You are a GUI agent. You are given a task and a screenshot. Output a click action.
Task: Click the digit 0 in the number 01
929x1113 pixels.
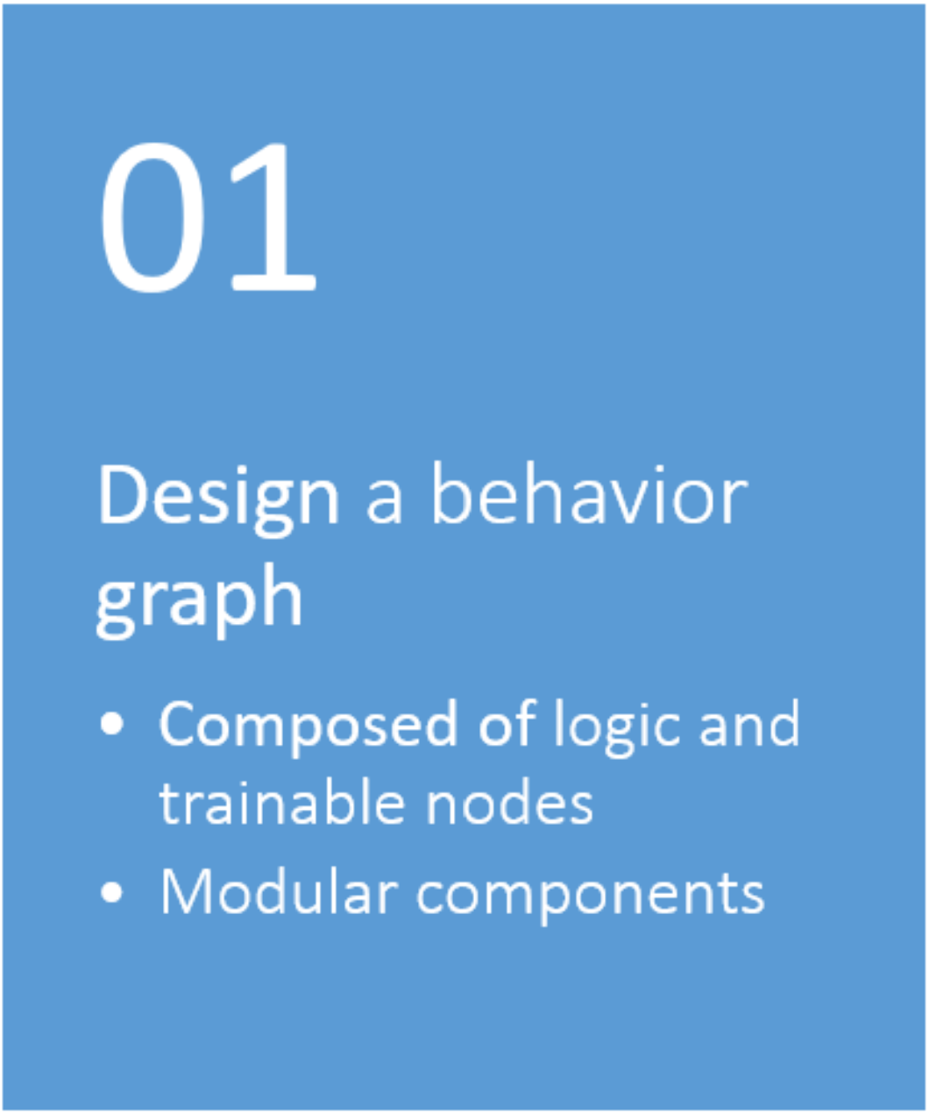153,217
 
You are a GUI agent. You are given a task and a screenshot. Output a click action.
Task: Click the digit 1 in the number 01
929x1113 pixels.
273,217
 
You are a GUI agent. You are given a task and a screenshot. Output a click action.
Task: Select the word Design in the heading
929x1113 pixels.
218,501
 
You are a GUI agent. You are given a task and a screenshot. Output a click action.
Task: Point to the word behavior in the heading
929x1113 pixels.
591,493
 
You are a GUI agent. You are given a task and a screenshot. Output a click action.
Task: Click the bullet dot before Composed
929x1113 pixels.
112,724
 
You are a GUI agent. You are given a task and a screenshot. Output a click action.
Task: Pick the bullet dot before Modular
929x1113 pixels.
112,892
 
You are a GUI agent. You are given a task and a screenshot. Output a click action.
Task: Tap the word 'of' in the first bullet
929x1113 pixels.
507,723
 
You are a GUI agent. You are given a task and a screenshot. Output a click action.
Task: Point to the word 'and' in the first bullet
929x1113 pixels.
749,723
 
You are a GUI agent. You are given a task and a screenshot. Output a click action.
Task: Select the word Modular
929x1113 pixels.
280,890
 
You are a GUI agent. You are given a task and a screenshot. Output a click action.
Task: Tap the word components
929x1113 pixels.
591,897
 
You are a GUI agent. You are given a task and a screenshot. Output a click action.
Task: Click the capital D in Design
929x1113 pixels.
123,494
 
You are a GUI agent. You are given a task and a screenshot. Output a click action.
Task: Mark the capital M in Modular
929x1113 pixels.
186,891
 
